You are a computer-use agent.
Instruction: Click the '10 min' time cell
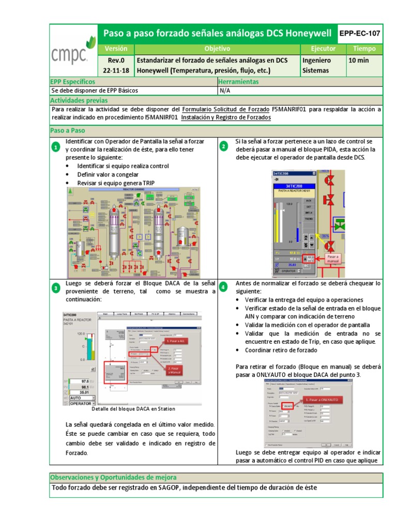[x=359, y=60]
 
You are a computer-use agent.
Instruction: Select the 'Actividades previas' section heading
[x=79, y=100]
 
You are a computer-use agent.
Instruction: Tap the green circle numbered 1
[x=56, y=149]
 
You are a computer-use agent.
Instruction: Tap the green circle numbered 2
[x=223, y=146]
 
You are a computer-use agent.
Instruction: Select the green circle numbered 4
[x=223, y=287]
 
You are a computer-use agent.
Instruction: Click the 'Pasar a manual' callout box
[x=333, y=258]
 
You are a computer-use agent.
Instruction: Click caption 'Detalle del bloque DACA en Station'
[x=133, y=409]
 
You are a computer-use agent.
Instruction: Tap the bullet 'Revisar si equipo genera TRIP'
[x=116, y=183]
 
